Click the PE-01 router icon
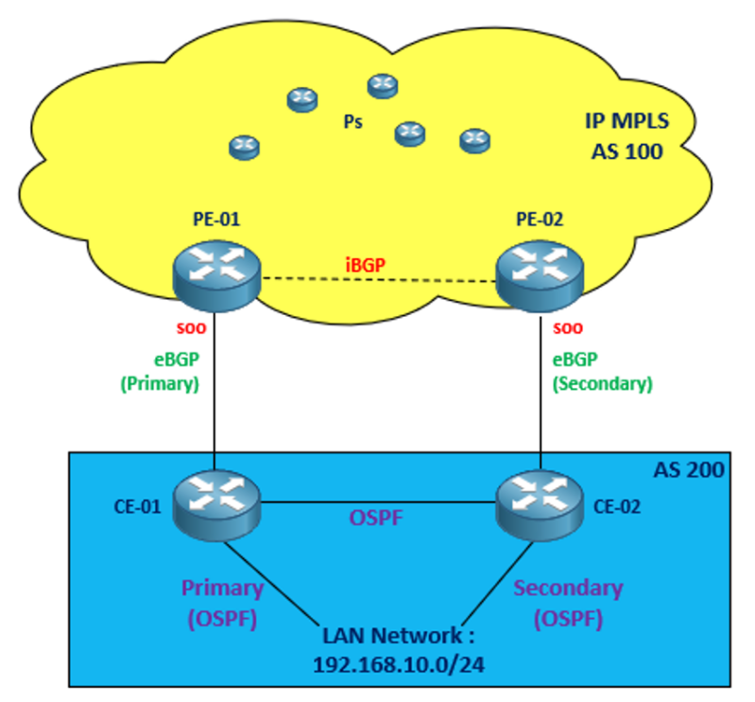(216, 273)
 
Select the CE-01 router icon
(216, 502)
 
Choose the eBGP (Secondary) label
(602, 373)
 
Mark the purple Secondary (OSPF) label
(568, 602)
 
